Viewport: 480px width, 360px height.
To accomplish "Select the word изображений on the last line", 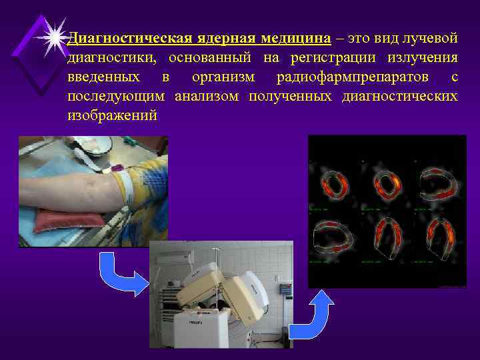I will pos(113,115).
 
